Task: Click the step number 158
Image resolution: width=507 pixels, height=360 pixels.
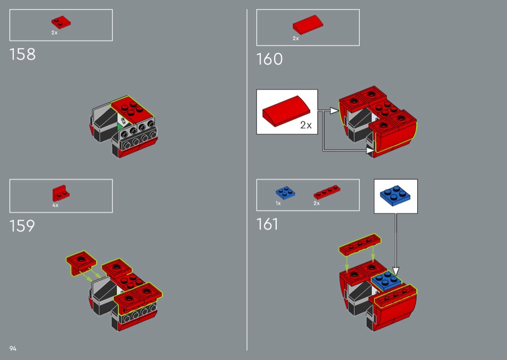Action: click(x=23, y=55)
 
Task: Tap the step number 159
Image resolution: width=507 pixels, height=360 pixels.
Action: click(x=22, y=226)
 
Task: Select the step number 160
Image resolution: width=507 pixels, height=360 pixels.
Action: click(x=269, y=59)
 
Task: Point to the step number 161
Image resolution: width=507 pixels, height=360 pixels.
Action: click(x=267, y=224)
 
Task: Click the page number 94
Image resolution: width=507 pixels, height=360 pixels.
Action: click(x=13, y=348)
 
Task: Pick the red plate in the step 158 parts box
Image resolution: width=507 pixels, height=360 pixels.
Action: click(x=61, y=22)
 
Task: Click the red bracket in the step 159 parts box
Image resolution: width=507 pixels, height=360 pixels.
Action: click(x=61, y=193)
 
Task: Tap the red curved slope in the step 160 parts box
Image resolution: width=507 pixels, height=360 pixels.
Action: click(x=308, y=25)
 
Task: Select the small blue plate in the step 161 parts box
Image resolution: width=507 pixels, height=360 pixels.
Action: click(x=285, y=193)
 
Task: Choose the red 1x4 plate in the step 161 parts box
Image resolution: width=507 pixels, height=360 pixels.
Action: click(x=327, y=192)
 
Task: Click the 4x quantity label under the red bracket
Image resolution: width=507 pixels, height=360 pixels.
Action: click(x=56, y=205)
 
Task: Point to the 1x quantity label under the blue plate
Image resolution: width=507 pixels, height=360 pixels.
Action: click(x=278, y=203)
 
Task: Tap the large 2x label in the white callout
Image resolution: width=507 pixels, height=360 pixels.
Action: click(x=306, y=125)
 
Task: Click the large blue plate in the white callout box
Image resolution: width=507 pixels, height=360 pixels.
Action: click(x=395, y=195)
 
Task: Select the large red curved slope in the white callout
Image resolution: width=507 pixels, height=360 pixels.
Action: click(x=286, y=111)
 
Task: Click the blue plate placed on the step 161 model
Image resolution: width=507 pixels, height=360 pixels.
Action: click(x=386, y=280)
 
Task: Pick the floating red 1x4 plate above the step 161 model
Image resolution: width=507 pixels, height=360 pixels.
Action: click(x=360, y=244)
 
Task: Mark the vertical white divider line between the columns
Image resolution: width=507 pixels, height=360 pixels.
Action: click(x=247, y=180)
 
